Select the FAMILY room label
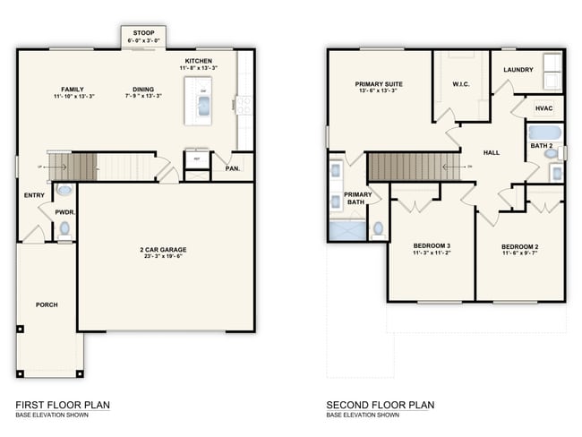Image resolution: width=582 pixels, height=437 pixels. coord(73,89)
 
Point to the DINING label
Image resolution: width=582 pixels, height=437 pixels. coord(143,89)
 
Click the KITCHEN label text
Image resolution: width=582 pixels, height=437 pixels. coord(198,61)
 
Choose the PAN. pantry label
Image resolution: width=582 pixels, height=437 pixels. coord(232,167)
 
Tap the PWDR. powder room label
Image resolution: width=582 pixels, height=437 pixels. coord(64,212)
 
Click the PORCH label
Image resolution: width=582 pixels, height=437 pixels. coord(47,304)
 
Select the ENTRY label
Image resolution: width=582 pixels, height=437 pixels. coord(33,194)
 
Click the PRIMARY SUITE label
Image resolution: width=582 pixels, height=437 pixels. coord(380,84)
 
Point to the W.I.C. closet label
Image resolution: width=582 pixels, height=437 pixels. coord(461,85)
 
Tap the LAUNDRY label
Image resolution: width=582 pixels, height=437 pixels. coord(518,70)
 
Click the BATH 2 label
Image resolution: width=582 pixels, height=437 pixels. coord(541,144)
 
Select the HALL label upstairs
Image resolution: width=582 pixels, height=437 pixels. coord(492,152)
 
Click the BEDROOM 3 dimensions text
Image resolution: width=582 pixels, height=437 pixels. coord(431,253)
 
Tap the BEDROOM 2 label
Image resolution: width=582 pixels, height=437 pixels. coord(518,245)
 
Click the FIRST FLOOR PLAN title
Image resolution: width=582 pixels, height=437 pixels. coord(63,405)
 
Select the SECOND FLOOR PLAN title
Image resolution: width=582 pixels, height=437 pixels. coord(381,405)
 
